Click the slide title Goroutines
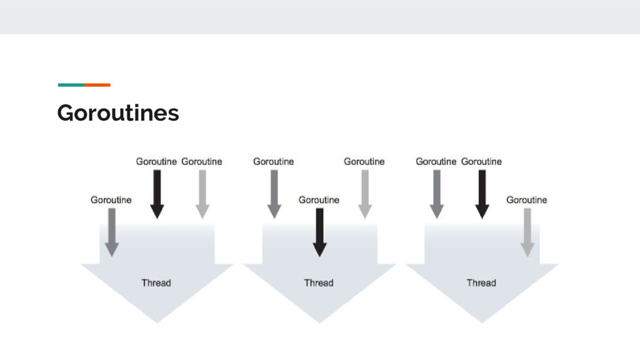[x=117, y=113]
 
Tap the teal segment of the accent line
[x=71, y=84]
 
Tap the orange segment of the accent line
[x=97, y=84]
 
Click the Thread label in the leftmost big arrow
[x=156, y=282]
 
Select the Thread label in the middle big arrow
[x=319, y=282]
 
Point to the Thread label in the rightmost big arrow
[x=481, y=282]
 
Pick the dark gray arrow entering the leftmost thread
[x=111, y=232]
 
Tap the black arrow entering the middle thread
[x=319, y=232]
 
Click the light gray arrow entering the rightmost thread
[x=527, y=232]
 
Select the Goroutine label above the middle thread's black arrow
[x=319, y=200]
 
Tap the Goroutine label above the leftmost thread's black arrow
[x=156, y=161]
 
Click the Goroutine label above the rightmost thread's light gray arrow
[x=526, y=200]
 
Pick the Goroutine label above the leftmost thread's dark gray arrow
[x=111, y=200]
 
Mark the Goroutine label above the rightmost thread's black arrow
[x=481, y=161]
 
